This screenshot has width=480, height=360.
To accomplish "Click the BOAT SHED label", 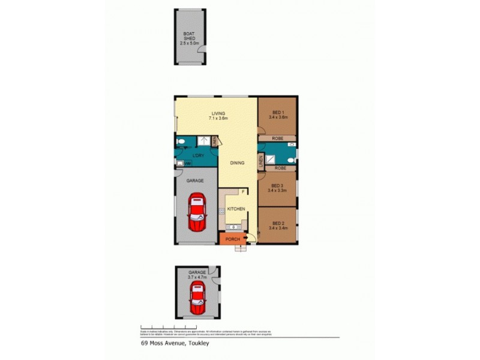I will pyautogui.click(x=190, y=37).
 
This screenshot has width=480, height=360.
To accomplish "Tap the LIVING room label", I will pyautogui.click(x=218, y=115).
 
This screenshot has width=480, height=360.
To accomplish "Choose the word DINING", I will pyautogui.click(x=237, y=162).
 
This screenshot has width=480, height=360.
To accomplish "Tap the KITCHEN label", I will pyautogui.click(x=236, y=208).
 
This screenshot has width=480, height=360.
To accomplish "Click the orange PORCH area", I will pyautogui.click(x=232, y=239).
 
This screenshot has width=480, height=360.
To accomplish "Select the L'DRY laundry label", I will pyautogui.click(x=199, y=156).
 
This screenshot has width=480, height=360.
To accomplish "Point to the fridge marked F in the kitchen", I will pyautogui.click(x=243, y=192).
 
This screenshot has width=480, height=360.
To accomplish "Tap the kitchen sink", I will pyautogui.click(x=233, y=227).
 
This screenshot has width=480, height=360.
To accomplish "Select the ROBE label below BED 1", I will pyautogui.click(x=278, y=137).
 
